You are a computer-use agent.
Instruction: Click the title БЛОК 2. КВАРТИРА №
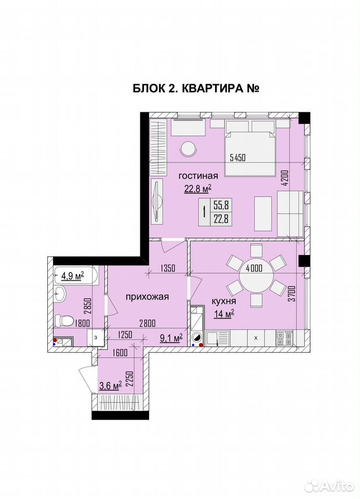196,88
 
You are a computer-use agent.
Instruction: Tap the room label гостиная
198,176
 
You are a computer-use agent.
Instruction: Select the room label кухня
224,301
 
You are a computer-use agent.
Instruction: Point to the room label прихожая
147,297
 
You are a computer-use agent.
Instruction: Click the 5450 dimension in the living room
237,157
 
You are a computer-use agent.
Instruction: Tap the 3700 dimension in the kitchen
292,294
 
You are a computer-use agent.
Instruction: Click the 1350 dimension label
168,268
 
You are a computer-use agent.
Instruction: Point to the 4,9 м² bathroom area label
73,275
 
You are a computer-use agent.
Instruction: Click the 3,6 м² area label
111,386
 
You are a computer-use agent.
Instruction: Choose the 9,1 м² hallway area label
171,338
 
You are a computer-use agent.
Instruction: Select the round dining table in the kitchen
256,280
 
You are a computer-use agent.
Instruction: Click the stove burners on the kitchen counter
285,338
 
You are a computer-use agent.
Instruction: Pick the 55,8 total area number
221,206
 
